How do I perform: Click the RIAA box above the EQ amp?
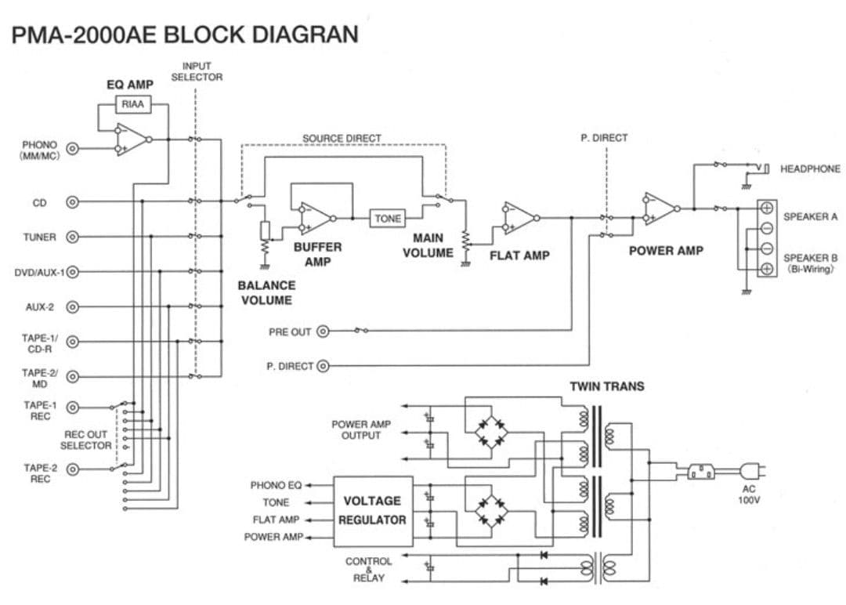point(133,104)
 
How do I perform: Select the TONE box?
point(388,219)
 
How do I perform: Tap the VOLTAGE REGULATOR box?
point(373,510)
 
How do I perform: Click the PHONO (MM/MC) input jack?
point(73,149)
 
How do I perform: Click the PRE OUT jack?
point(323,331)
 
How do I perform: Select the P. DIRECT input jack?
point(323,366)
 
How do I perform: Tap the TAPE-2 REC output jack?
point(73,469)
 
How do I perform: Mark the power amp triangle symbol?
point(660,208)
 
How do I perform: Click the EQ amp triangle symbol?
point(132,140)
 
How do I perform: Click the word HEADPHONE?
point(810,168)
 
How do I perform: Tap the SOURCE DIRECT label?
point(342,139)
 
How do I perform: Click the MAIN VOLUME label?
point(428,245)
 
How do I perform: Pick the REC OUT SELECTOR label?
point(85,440)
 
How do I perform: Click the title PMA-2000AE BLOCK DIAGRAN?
point(186,34)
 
